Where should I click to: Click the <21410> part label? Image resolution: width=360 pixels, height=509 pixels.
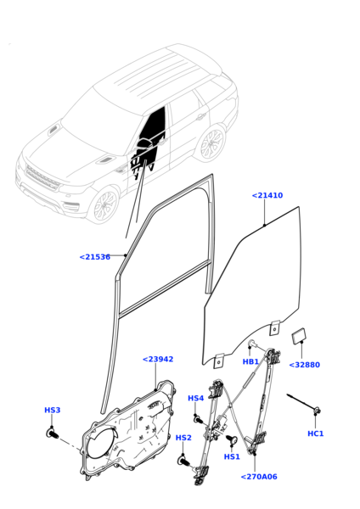[267, 196]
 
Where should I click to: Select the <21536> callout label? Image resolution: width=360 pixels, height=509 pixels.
[94, 257]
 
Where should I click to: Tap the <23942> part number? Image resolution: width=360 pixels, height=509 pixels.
[158, 360]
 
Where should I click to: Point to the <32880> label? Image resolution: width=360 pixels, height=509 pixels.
[304, 365]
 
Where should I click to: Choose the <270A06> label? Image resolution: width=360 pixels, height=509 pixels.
[259, 477]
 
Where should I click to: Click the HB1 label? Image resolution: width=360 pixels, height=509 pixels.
[250, 362]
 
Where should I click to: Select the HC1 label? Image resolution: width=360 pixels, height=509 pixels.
[316, 433]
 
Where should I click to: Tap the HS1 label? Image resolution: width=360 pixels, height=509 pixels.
[232, 456]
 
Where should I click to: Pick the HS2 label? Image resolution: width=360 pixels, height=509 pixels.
[183, 438]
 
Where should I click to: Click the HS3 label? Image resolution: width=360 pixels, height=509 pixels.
[53, 411]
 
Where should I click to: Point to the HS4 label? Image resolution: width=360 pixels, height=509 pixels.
[196, 399]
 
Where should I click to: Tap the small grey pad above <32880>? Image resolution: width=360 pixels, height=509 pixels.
[300, 337]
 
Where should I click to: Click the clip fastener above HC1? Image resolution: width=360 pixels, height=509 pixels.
[316, 412]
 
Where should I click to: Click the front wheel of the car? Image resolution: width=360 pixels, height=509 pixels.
[104, 205]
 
